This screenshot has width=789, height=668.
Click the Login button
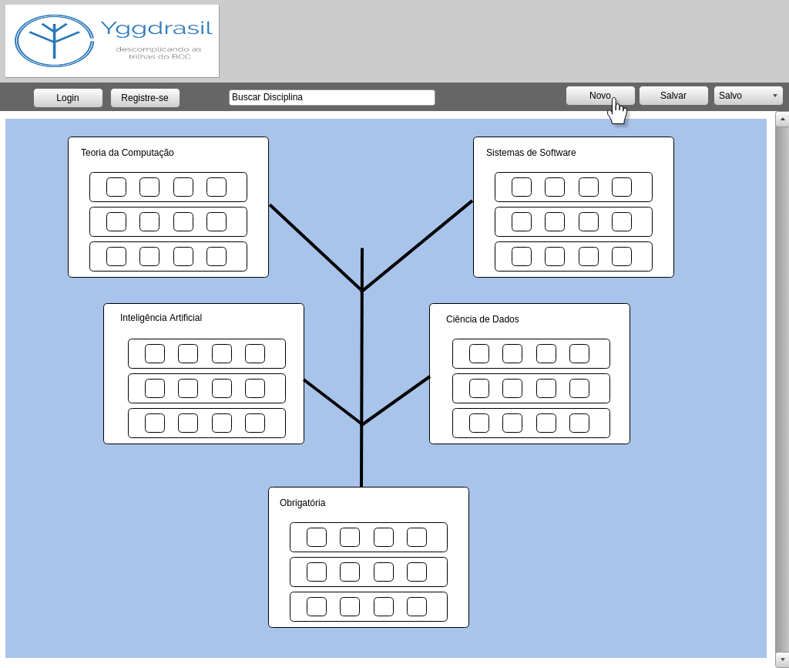68,97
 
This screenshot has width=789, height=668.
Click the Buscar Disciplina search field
331,97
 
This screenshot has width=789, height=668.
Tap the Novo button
600,96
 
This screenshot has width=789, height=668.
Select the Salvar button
673,96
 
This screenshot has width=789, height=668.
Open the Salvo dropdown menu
748,96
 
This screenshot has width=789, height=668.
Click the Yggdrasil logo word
156,29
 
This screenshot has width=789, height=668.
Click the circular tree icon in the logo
54,41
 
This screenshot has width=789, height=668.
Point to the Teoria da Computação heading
127,153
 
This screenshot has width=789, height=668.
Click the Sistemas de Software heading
531,153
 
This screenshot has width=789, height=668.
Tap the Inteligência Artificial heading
161,318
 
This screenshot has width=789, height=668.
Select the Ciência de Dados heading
482,319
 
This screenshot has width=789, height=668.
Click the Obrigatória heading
302,503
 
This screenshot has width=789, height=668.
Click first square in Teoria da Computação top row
116,187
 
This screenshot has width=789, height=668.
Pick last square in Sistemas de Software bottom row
622,257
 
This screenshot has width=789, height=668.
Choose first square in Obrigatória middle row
317,572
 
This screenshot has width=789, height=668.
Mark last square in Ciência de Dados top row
579,354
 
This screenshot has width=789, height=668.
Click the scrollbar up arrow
782,119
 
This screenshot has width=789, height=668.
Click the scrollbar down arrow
782,660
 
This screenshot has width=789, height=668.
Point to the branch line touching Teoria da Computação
315,247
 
